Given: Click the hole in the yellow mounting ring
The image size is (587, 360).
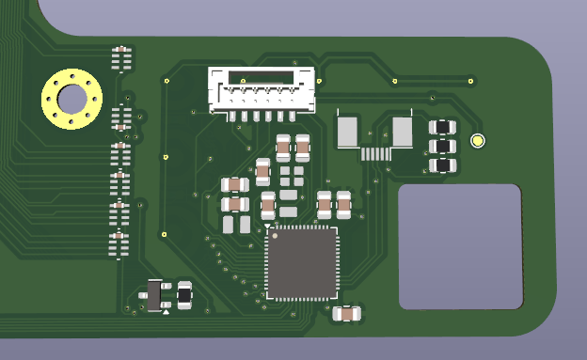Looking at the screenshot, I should pyautogui.click(x=71, y=97).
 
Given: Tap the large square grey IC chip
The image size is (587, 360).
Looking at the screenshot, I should pyautogui.click(x=301, y=262).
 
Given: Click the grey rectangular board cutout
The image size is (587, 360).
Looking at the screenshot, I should pyautogui.click(x=459, y=246).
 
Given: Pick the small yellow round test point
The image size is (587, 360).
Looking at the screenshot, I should pyautogui.click(x=478, y=141).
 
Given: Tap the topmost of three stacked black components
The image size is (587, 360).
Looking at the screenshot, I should pyautogui.click(x=442, y=127).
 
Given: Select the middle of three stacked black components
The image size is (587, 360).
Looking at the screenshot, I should pyautogui.click(x=442, y=147).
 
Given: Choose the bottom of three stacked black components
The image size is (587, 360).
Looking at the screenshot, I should pyautogui.click(x=442, y=165).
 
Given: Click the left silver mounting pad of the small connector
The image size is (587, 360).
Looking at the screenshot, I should pyautogui.click(x=347, y=132).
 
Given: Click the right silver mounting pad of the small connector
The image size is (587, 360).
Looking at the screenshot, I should pyautogui.click(x=403, y=132).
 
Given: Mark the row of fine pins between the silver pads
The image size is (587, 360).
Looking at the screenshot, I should pyautogui.click(x=375, y=153).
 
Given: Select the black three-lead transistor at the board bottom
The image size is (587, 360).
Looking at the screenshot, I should pyautogui.click(x=154, y=295).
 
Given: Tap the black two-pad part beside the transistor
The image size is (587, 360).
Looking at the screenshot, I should pyautogui.click(x=184, y=295).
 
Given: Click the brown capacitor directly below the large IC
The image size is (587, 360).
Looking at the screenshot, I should pyautogui.click(x=347, y=313).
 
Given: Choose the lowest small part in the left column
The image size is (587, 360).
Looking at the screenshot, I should pyautogui.click(x=119, y=244).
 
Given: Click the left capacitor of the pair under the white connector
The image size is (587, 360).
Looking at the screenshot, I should pyautogui.click(x=283, y=148).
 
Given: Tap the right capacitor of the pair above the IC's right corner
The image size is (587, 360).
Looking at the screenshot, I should pyautogui.click(x=344, y=202).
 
